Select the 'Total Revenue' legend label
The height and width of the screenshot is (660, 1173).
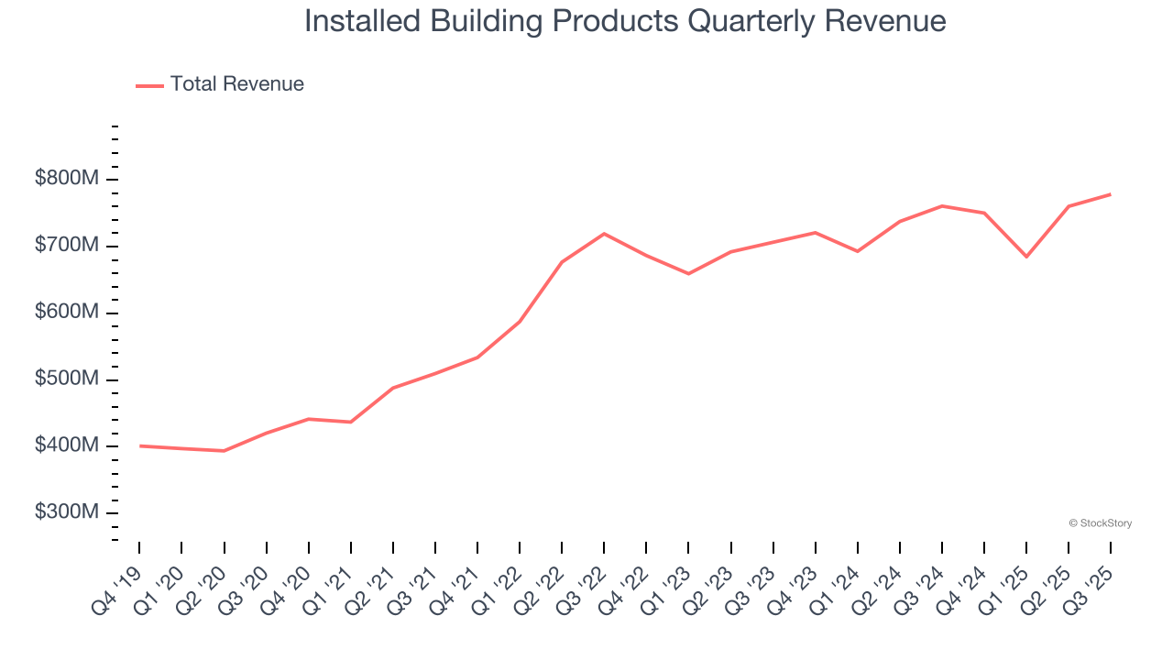pos(236,84)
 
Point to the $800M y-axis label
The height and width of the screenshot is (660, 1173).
pos(66,179)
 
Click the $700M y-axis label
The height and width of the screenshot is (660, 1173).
pos(66,246)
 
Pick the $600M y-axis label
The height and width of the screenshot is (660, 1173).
pos(66,313)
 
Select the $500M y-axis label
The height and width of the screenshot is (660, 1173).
pos(66,379)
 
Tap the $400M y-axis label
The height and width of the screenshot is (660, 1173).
pos(66,446)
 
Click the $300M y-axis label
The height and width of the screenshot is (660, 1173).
pos(66,512)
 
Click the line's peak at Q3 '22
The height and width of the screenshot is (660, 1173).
pos(604,234)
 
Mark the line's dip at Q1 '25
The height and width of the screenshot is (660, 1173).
pos(1026,257)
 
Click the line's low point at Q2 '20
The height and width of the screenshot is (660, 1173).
pos(224,451)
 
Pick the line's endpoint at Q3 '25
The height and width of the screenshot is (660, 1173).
pos(1111,194)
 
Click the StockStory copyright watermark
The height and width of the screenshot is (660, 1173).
pos(1101,523)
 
